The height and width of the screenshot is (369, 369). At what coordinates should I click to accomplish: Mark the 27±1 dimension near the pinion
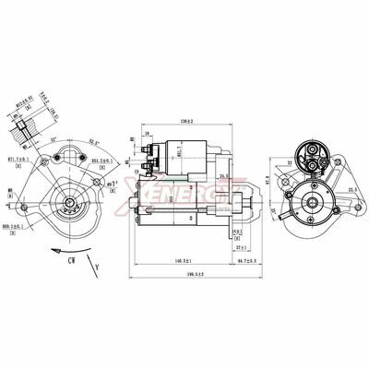241,248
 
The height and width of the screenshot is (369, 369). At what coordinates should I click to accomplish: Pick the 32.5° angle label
94,142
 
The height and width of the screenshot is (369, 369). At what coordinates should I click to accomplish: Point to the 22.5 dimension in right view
352,191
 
